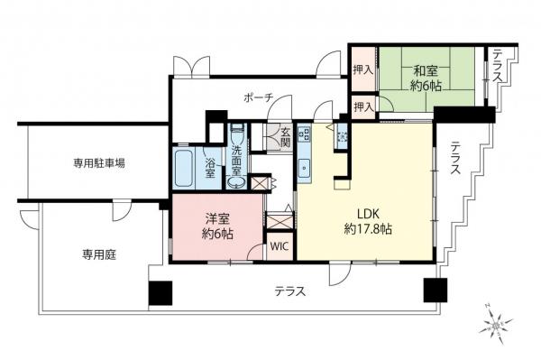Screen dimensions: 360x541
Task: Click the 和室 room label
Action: tap(426, 70)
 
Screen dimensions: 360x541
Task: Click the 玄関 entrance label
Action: tap(284, 135)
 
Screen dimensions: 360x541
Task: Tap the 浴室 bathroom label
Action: tap(209, 168)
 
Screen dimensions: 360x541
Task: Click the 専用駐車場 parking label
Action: tap(99, 163)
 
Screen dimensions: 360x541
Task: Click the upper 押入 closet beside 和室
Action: tap(362, 70)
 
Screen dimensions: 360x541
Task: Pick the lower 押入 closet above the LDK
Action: tap(362, 108)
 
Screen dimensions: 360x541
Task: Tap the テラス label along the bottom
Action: tap(290, 291)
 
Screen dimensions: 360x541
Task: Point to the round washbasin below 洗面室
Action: tap(236, 182)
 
